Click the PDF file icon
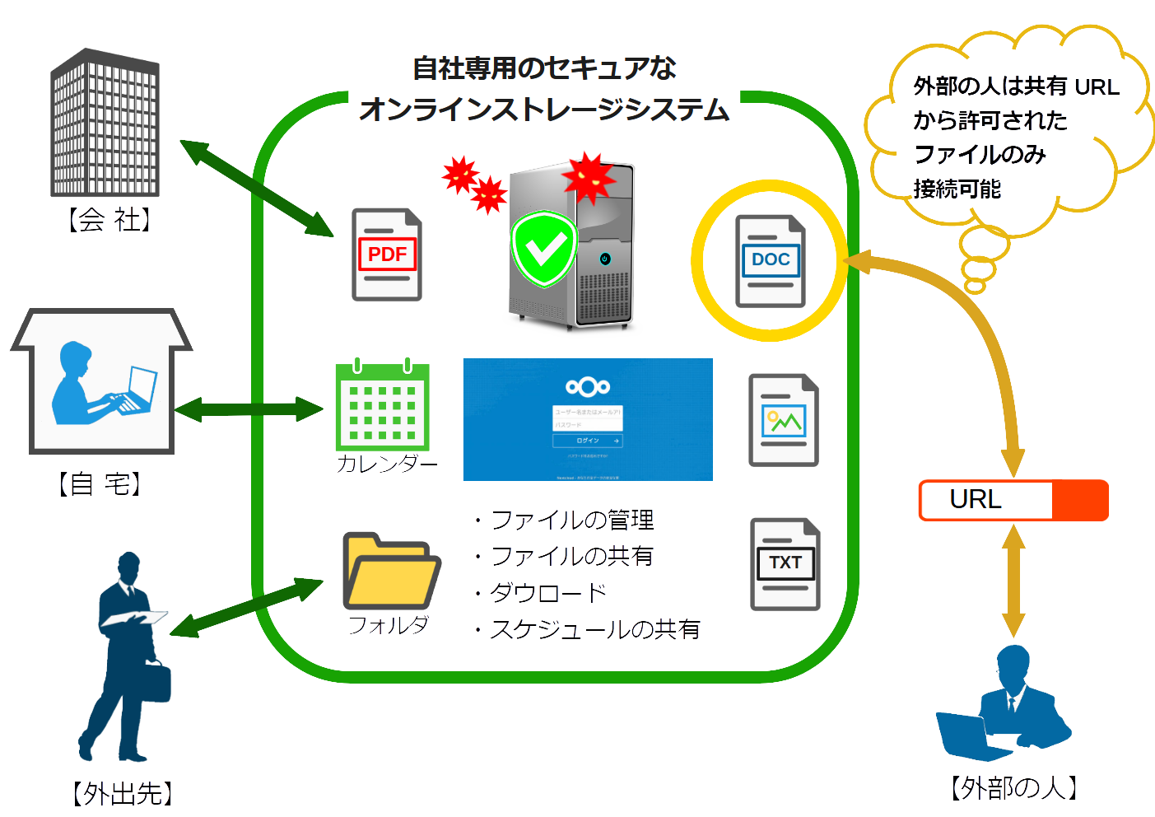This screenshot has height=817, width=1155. (387, 254)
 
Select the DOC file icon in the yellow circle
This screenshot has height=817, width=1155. (770, 261)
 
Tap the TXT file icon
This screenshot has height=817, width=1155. (785, 564)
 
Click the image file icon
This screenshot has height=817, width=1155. (783, 421)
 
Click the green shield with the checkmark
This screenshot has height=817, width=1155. (543, 249)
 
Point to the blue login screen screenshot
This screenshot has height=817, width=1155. (587, 418)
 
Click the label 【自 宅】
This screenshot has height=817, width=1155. (100, 483)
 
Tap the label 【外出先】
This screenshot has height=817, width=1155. (123, 793)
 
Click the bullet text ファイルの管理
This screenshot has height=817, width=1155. (571, 521)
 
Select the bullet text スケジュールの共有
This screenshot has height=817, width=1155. (594, 629)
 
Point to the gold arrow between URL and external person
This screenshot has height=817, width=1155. (1013, 581)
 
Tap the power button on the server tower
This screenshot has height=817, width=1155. (605, 259)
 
